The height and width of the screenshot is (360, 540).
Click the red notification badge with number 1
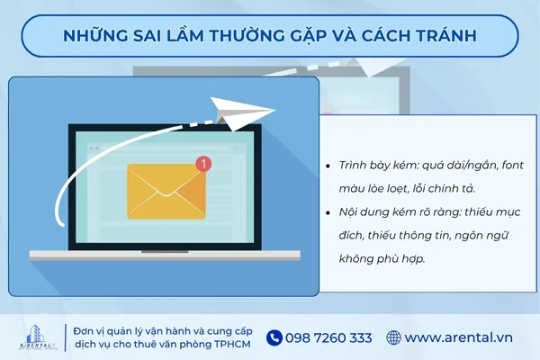(203, 164)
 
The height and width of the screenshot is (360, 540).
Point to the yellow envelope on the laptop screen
(166, 191)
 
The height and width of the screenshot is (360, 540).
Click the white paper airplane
(247, 114)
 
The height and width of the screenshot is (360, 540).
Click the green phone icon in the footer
(274, 337)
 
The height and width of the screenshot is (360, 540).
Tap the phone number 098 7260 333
(328, 337)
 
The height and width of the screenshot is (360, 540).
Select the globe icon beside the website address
(393, 337)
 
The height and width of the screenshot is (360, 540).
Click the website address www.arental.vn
(459, 337)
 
